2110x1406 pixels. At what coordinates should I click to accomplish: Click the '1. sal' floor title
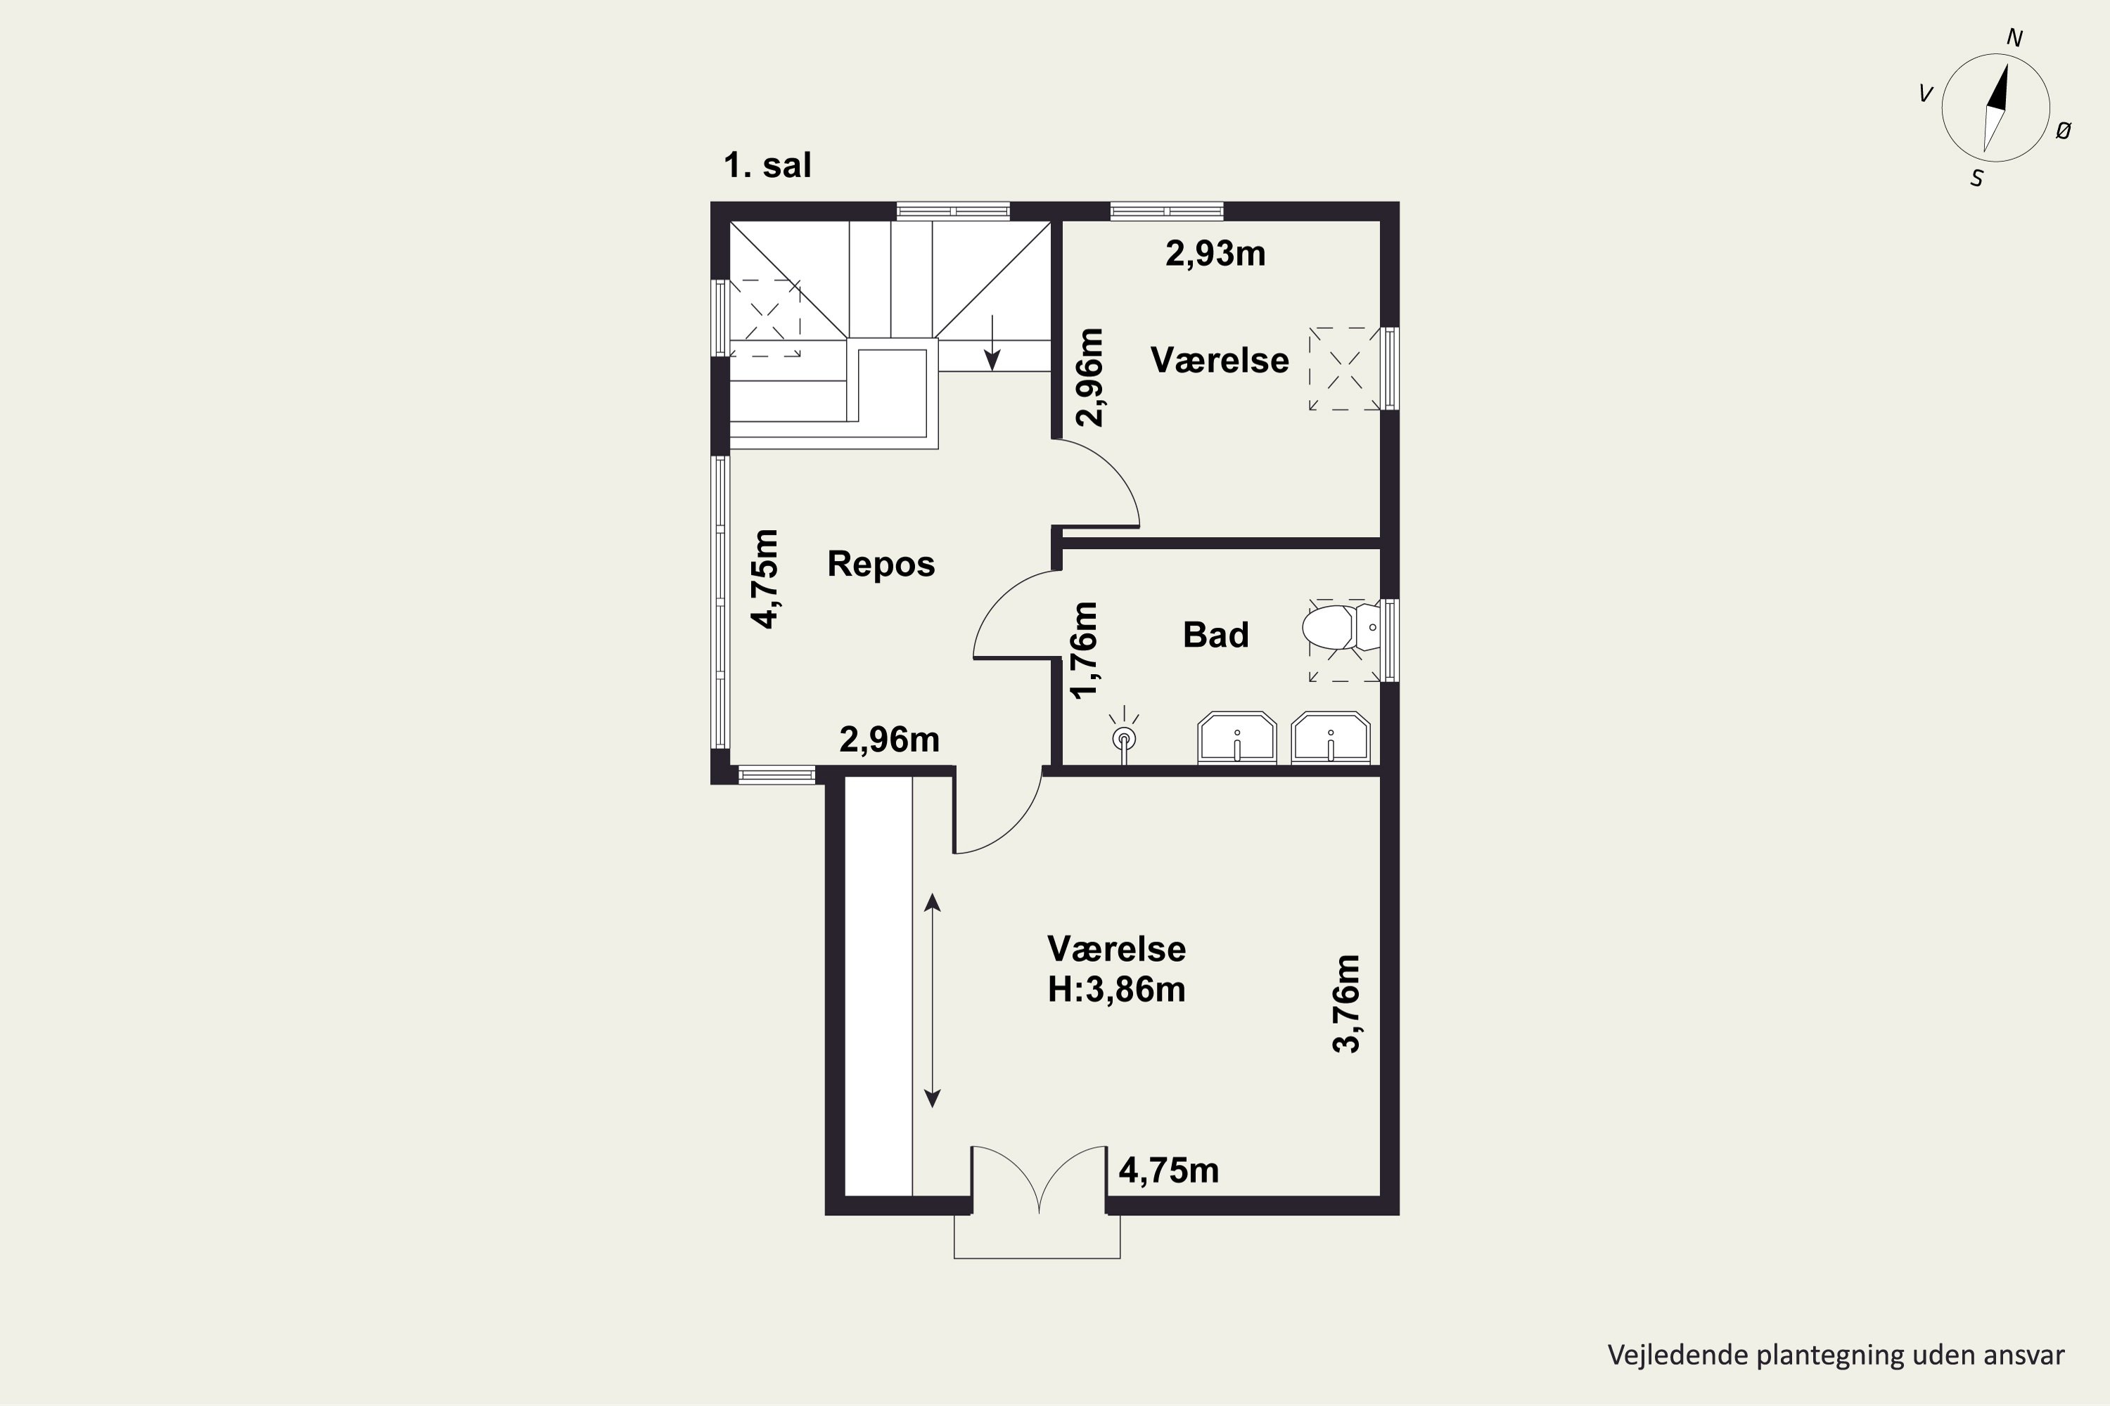tap(767, 166)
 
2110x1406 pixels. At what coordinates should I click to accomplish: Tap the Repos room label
tap(881, 564)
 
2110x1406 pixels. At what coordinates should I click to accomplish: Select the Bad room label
tap(1215, 635)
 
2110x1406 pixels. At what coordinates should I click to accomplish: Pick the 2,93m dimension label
tap(1215, 254)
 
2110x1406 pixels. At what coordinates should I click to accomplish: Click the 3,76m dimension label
tap(1347, 1003)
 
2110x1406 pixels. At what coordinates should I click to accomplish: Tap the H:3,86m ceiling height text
tap(1117, 990)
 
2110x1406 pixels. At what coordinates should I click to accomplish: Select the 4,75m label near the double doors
tap(1169, 1171)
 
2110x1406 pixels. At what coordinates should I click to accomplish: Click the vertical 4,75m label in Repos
tap(765, 579)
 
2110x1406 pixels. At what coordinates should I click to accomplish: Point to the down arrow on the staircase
tap(992, 342)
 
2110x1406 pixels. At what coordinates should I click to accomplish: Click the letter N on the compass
tap(2014, 39)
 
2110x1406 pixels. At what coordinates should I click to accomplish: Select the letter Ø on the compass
tap(2064, 131)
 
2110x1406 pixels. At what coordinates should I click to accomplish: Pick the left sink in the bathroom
tap(1237, 738)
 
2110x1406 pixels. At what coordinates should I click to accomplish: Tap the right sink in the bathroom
tap(1331, 738)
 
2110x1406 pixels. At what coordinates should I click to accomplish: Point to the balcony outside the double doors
tap(1037, 1237)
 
